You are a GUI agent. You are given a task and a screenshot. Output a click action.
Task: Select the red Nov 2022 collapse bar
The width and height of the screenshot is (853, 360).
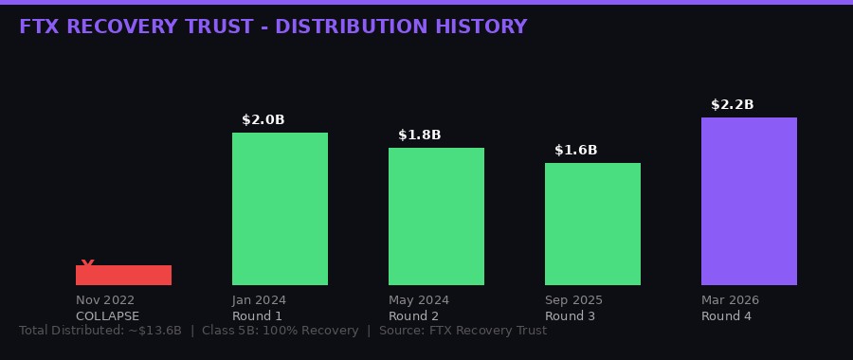pyautogui.click(x=123, y=276)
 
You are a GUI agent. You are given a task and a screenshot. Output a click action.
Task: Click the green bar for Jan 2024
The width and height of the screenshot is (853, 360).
pyautogui.click(x=280, y=208)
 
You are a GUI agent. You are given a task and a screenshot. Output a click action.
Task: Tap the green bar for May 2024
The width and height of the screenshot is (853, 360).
pyautogui.click(x=436, y=216)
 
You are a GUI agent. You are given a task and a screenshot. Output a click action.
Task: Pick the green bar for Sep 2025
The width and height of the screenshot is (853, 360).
pyautogui.click(x=592, y=224)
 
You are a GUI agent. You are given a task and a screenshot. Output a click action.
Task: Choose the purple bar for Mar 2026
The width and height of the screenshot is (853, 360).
pyautogui.click(x=749, y=201)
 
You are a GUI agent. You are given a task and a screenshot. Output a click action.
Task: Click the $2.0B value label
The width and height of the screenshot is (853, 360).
pyautogui.click(x=263, y=119)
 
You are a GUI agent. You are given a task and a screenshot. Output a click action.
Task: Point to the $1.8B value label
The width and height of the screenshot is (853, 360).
pyautogui.click(x=419, y=135)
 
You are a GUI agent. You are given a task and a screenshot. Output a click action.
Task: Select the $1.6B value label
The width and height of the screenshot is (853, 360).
pyautogui.click(x=575, y=150)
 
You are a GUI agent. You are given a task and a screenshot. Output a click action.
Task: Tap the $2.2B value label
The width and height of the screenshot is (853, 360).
pyautogui.click(x=732, y=104)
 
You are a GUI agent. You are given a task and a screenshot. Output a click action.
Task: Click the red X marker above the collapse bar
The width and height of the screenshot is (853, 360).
pyautogui.click(x=88, y=264)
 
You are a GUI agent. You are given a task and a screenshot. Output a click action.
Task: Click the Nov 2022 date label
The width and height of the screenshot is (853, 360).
pyautogui.click(x=105, y=300)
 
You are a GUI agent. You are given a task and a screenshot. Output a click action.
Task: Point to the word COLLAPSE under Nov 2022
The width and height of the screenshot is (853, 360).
pyautogui.click(x=107, y=316)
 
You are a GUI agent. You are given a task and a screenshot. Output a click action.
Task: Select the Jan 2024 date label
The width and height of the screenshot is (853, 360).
pyautogui.click(x=259, y=300)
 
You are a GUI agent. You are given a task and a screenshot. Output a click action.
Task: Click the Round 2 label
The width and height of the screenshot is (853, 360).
pyautogui.click(x=413, y=316)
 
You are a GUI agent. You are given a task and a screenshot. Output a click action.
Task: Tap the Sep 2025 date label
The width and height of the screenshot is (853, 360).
pyautogui.click(x=573, y=300)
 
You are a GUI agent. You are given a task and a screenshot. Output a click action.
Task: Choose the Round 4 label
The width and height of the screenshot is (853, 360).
pyautogui.click(x=726, y=316)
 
